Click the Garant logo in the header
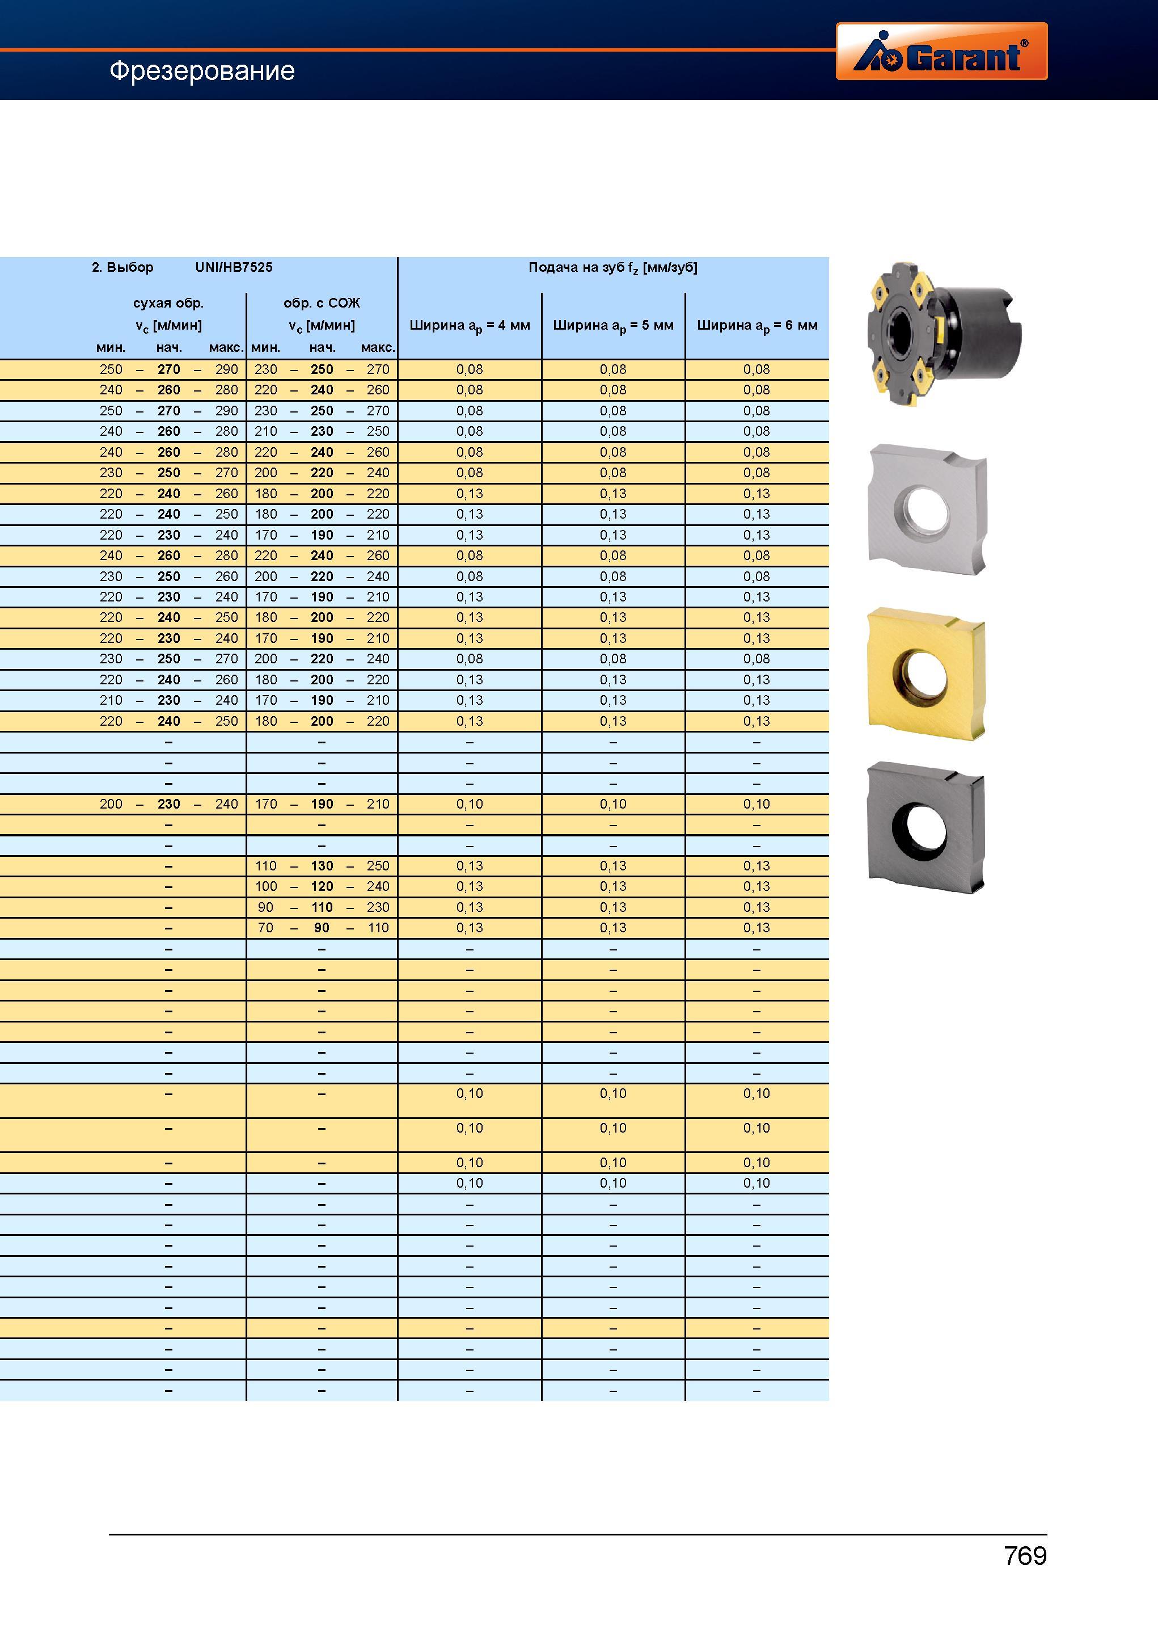point(941,51)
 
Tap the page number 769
point(1025,1556)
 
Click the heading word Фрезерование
point(202,71)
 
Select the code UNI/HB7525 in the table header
point(234,267)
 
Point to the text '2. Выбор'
point(122,267)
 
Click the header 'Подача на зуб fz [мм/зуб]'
point(613,268)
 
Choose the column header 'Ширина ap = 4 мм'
point(470,326)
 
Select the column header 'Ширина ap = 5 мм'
point(613,326)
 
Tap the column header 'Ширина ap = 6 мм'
point(757,326)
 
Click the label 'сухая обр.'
point(168,303)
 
